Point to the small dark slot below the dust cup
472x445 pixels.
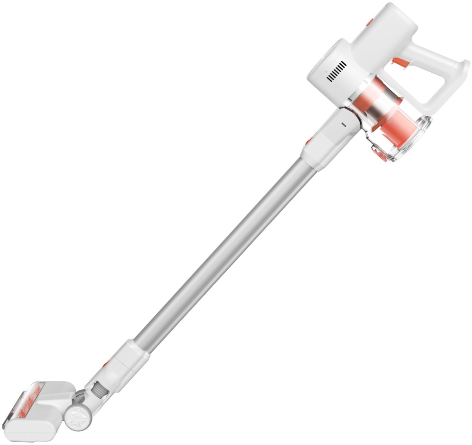click(x=343, y=124)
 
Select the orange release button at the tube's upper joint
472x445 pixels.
click(x=308, y=140)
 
